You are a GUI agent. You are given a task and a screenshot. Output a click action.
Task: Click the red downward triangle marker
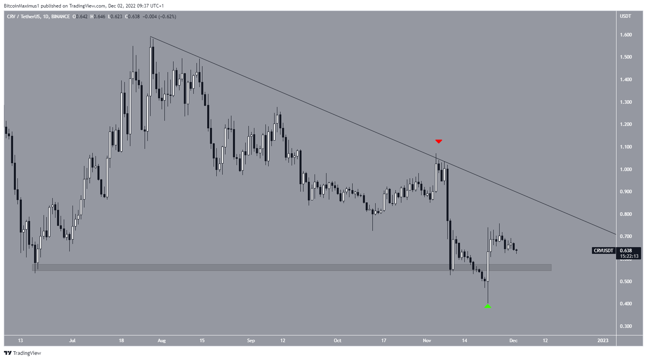point(439,141)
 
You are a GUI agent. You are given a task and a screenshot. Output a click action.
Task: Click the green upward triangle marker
point(488,306)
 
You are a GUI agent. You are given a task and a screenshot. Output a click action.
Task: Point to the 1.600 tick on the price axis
point(626,35)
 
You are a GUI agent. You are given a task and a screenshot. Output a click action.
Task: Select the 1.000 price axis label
point(626,170)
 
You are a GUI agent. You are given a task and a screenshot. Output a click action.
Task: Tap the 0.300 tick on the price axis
point(626,326)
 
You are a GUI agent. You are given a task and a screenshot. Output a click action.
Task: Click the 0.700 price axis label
point(626,236)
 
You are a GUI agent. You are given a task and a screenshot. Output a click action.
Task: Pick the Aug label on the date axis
point(162,341)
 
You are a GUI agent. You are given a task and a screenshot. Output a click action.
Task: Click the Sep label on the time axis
point(251,341)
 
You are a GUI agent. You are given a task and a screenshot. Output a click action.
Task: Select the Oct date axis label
point(338,341)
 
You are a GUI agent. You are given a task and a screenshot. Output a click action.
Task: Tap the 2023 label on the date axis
point(603,341)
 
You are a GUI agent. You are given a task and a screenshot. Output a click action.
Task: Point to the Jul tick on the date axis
point(72,341)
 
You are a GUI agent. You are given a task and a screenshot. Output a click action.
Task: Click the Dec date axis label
point(513,341)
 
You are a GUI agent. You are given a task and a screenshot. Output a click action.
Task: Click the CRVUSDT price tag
point(603,251)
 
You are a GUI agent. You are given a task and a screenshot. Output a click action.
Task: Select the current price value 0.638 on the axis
point(626,251)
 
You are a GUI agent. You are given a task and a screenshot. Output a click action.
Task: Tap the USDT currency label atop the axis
point(626,16)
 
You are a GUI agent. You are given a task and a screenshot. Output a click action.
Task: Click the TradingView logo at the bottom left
point(23,353)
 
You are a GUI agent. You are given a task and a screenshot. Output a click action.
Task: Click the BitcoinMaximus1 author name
point(22,6)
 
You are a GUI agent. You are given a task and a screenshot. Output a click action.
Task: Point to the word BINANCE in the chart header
point(61,17)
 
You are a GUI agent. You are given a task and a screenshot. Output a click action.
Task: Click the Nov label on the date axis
point(427,341)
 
